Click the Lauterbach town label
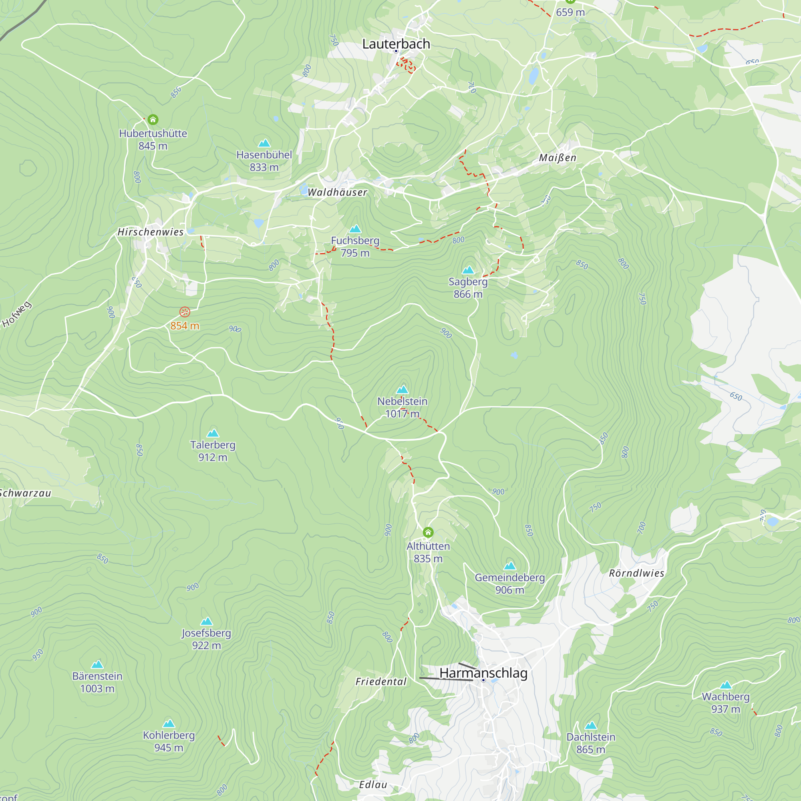click(396, 44)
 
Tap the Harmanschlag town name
click(483, 673)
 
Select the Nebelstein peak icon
click(402, 390)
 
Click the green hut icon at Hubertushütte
click(153, 120)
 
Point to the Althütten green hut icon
click(428, 532)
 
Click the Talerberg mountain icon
click(213, 433)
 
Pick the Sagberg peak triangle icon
click(468, 270)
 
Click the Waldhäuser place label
click(337, 192)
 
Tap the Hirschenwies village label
click(150, 232)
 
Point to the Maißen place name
click(557, 158)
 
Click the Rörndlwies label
click(636, 574)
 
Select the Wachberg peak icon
click(726, 685)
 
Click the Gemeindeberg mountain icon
click(509, 566)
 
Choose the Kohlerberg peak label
click(169, 735)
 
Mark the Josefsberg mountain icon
click(207, 622)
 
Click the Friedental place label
click(380, 682)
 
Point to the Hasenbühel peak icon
click(264, 143)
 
